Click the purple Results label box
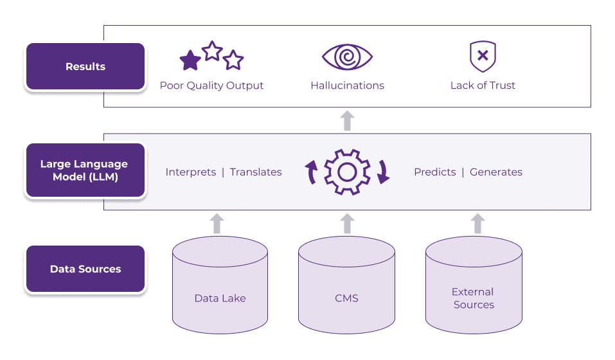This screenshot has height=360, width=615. (x=85, y=67)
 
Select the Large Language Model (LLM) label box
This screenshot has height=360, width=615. (x=85, y=170)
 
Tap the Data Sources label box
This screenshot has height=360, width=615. (x=85, y=269)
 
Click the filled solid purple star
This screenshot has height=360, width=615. (x=190, y=60)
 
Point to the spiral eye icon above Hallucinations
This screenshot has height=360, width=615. (x=347, y=57)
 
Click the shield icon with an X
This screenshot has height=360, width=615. (x=483, y=57)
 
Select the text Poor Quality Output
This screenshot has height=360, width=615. (x=211, y=85)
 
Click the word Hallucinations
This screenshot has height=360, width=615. (x=347, y=85)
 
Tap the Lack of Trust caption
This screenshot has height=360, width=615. (x=483, y=85)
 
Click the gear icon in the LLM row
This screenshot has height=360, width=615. (x=347, y=172)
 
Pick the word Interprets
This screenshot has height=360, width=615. (x=190, y=172)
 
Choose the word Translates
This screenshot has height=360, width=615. (x=256, y=172)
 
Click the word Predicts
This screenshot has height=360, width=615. (x=434, y=172)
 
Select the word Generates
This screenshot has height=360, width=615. (x=495, y=172)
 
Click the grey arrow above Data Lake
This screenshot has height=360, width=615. (x=217, y=223)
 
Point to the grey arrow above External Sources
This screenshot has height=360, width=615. (x=477, y=223)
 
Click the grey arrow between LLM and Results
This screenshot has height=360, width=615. (x=347, y=120)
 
